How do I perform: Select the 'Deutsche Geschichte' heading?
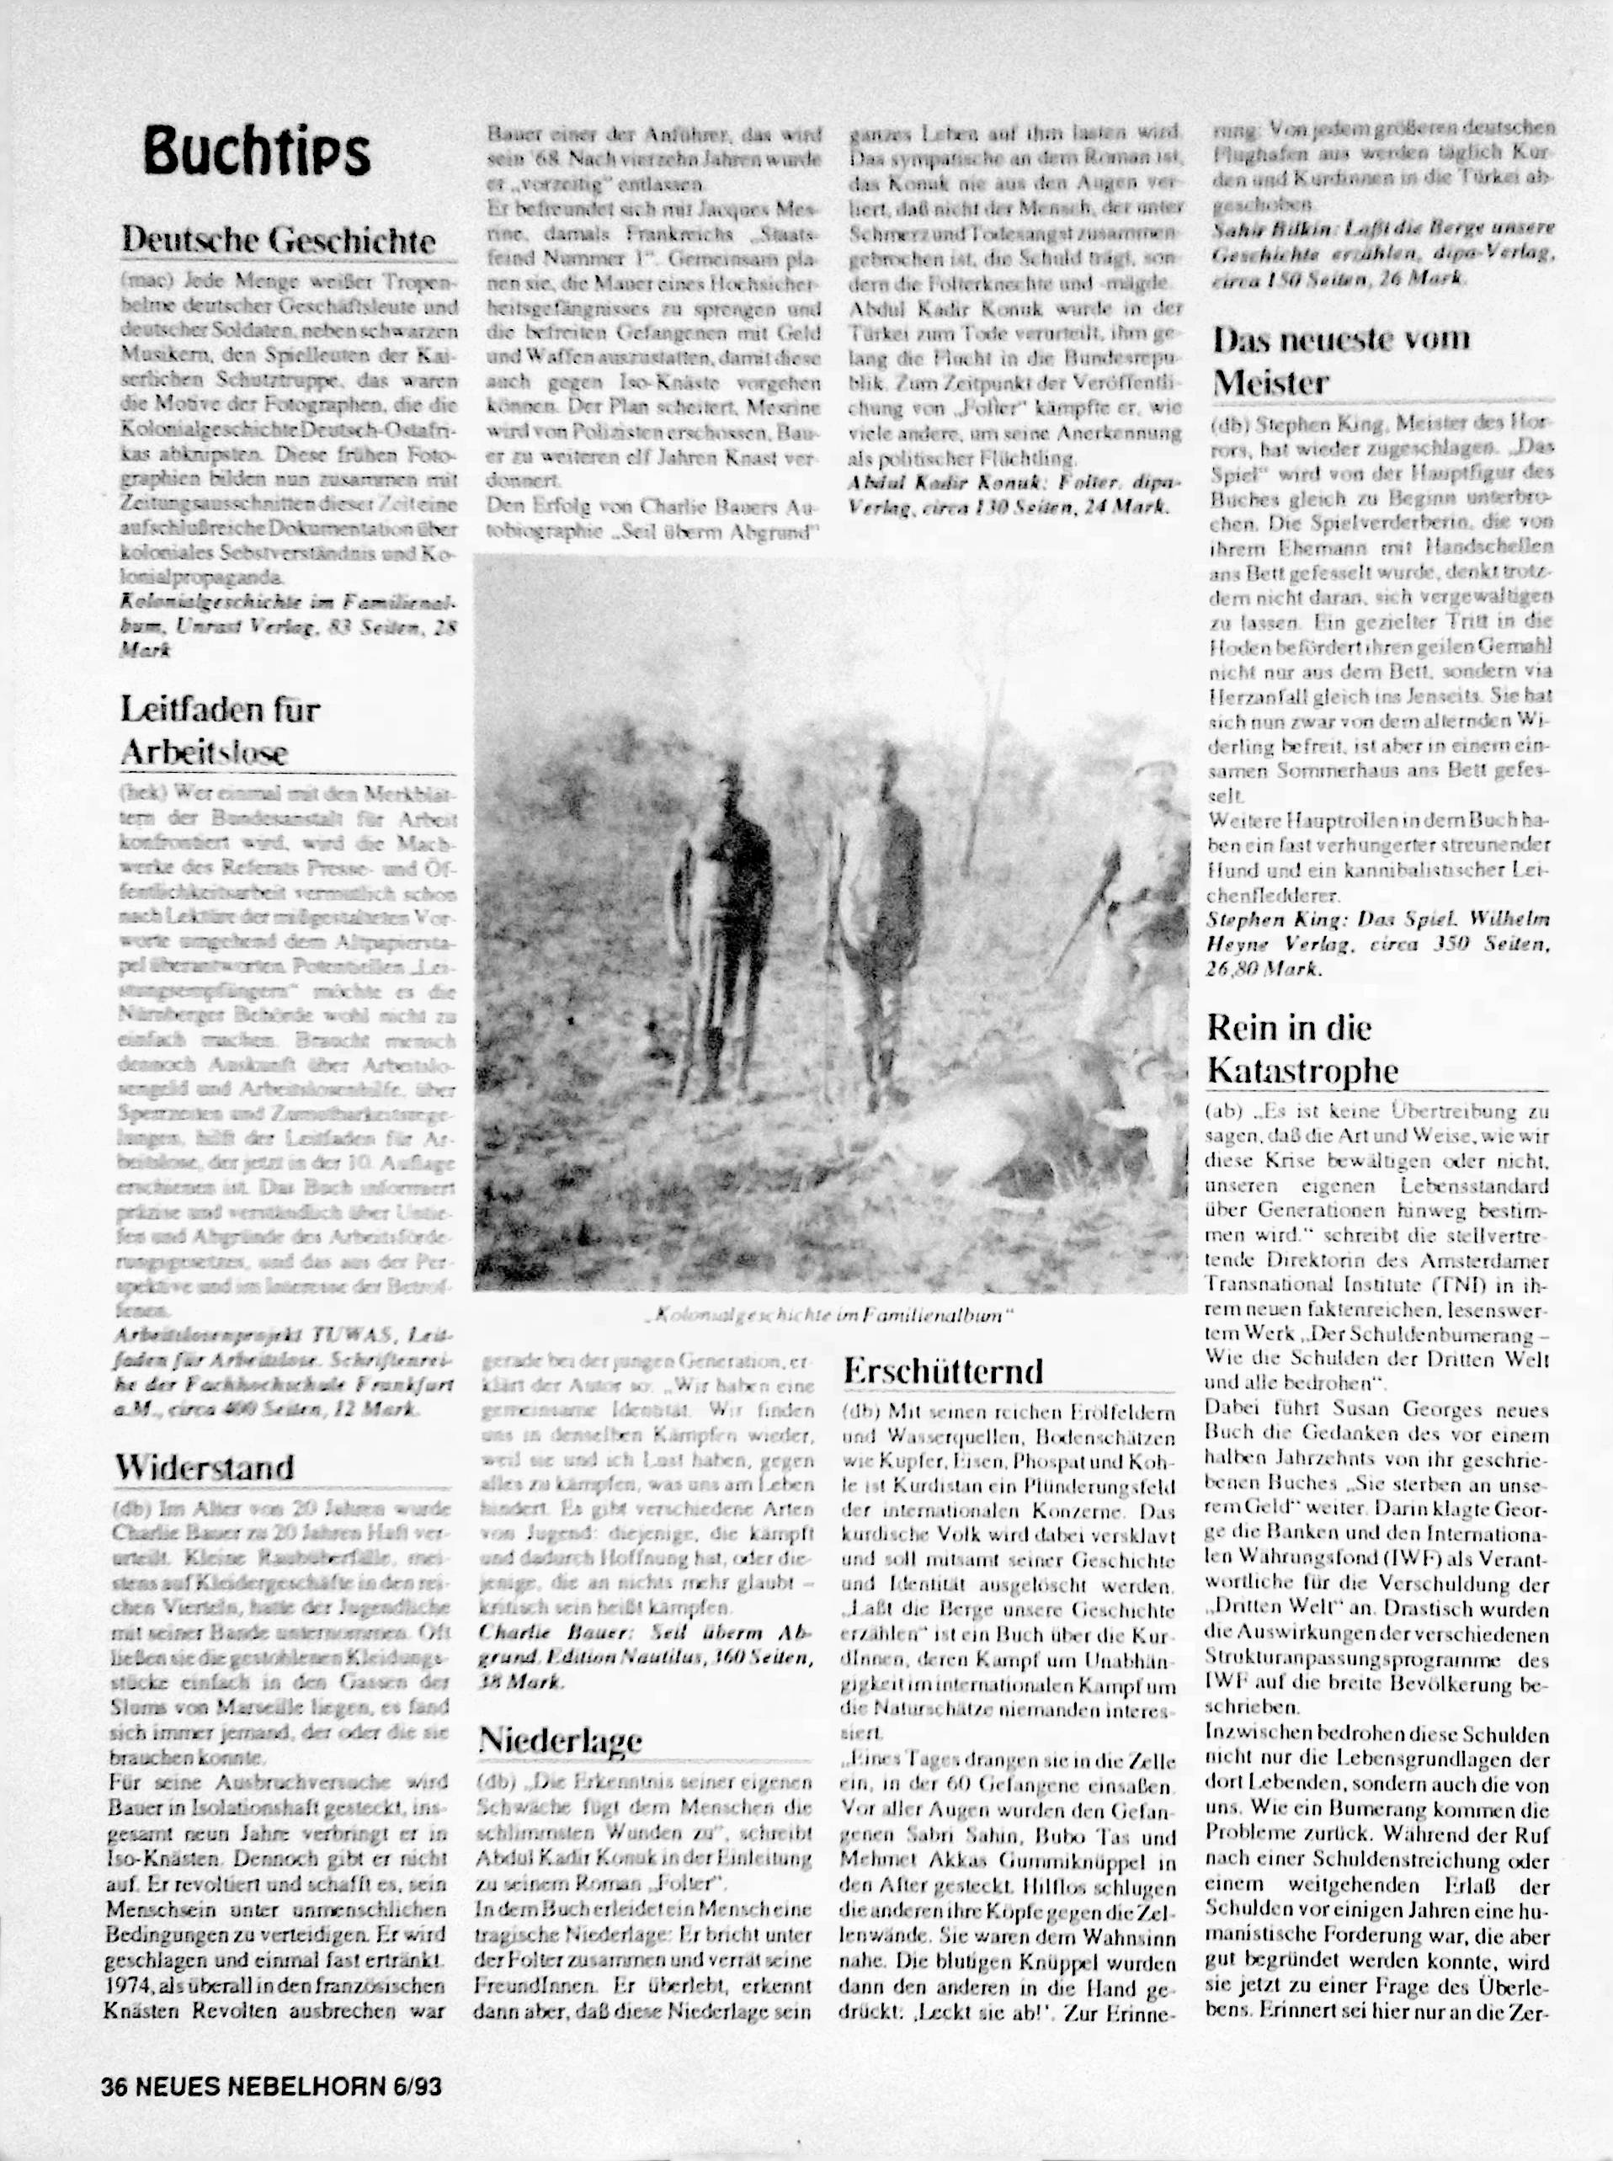pyautogui.click(x=279, y=239)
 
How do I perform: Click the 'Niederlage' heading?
pyautogui.click(x=561, y=1739)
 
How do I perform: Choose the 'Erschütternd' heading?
pyautogui.click(x=943, y=1371)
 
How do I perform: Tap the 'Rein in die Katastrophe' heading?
pyautogui.click(x=1302, y=1049)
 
